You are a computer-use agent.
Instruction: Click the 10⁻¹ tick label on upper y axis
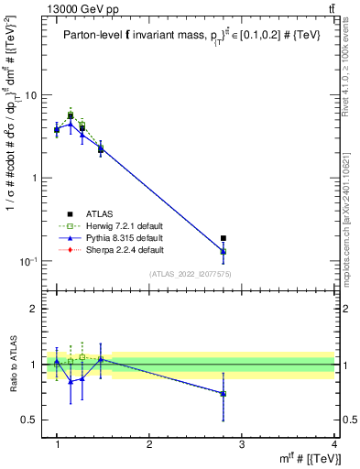tap(30, 261)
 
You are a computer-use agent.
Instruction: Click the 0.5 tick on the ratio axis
tap(32, 420)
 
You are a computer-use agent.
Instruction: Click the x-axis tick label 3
tap(241, 444)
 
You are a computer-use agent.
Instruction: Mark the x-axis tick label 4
tap(333, 444)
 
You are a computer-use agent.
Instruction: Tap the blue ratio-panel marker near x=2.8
tap(223, 393)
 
